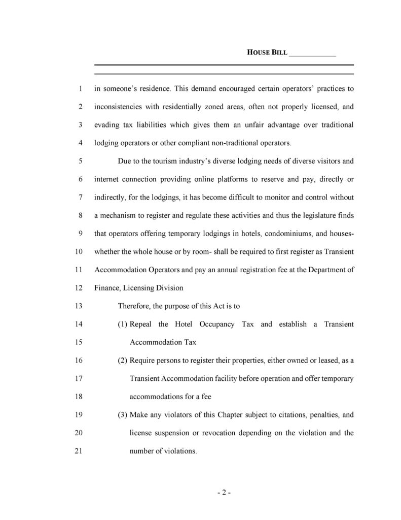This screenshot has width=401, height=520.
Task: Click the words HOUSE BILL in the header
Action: (267, 52)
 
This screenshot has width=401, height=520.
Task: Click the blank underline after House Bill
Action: (312, 54)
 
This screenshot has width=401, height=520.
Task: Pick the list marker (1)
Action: (123, 324)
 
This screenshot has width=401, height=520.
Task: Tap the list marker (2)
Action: (123, 361)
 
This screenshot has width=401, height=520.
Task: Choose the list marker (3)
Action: (123, 415)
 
